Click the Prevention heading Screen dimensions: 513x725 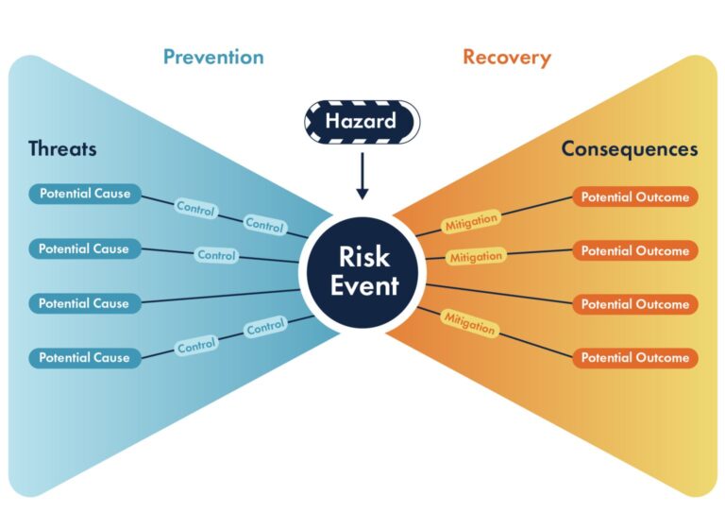(x=213, y=57)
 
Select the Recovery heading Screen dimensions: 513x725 (x=507, y=57)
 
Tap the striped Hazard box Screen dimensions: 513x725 (x=361, y=121)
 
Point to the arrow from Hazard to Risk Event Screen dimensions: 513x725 (x=362, y=177)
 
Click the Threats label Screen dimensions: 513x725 (x=62, y=148)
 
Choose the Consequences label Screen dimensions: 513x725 (x=630, y=148)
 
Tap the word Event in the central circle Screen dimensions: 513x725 (x=363, y=284)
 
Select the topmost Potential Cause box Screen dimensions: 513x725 (x=84, y=195)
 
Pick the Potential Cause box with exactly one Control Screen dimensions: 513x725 (x=84, y=249)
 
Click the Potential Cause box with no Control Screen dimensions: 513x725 (x=84, y=303)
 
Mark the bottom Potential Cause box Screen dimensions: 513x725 (x=84, y=358)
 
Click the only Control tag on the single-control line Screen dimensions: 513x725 (x=216, y=255)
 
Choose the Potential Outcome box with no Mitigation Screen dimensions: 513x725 (x=634, y=304)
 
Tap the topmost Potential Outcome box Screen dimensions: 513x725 (x=634, y=197)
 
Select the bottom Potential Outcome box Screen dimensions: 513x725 (x=634, y=358)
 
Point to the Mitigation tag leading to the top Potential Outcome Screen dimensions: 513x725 (x=470, y=222)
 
